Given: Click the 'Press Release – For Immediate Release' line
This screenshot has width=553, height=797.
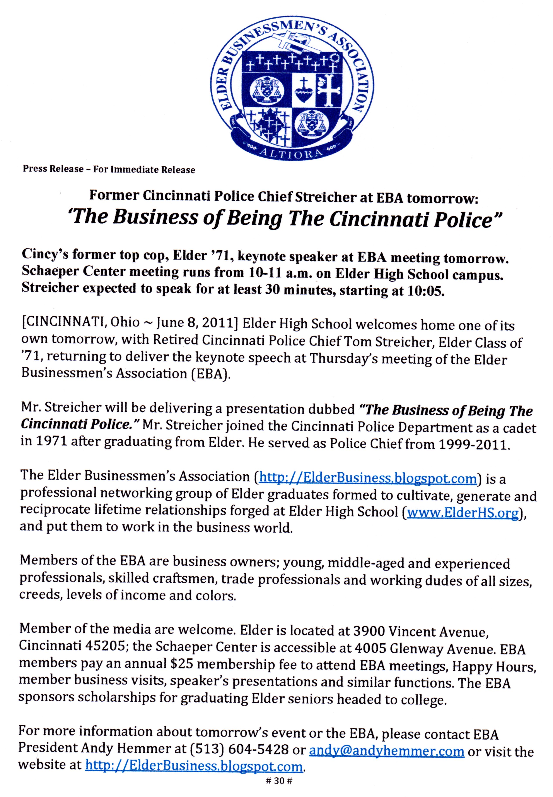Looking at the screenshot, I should pyautogui.click(x=109, y=169).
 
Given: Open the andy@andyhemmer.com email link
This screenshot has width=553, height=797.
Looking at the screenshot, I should pyautogui.click(x=386, y=751).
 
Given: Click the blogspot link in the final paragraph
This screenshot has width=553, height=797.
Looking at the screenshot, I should pyautogui.click(x=194, y=766).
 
